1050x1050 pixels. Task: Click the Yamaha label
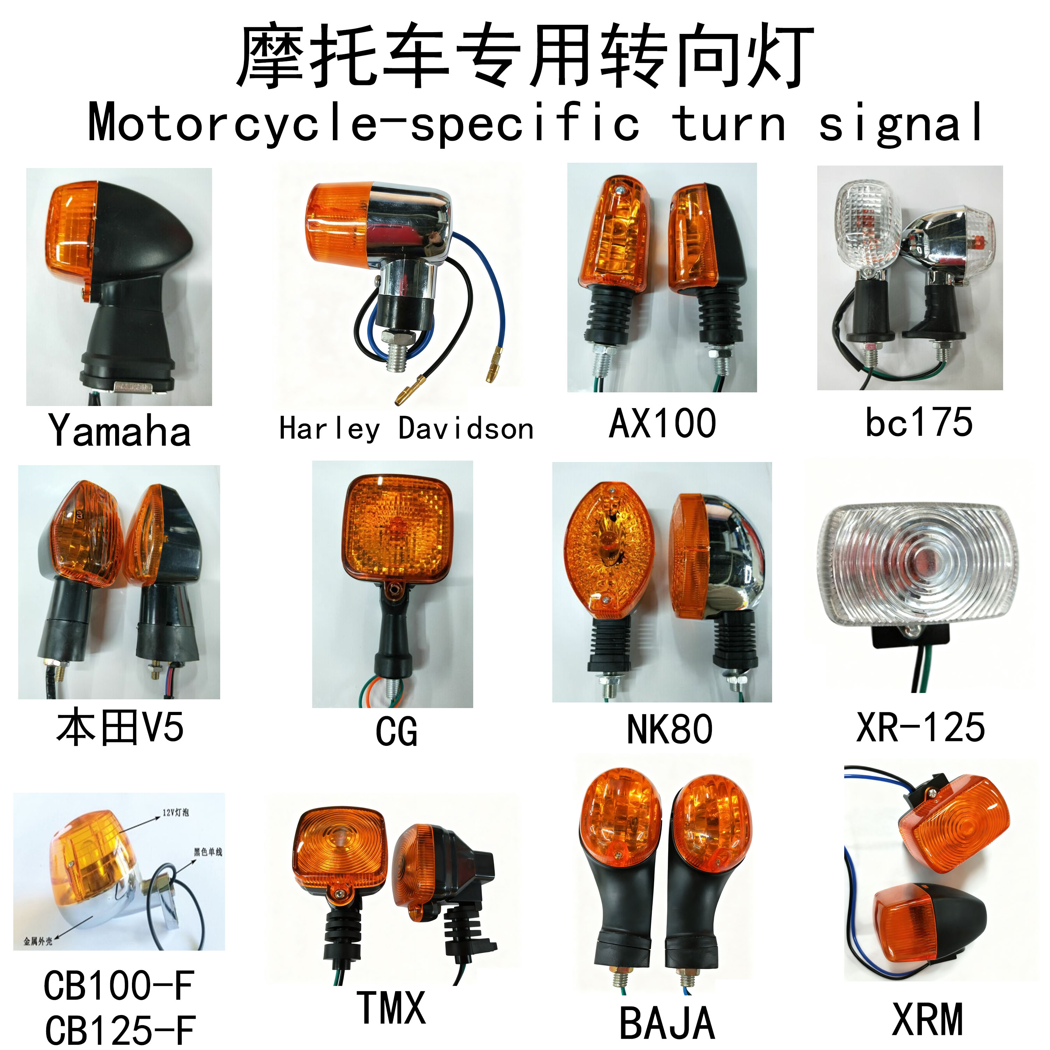tap(120, 431)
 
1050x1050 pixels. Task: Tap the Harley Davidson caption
tap(406, 429)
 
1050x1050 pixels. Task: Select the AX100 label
tap(663, 423)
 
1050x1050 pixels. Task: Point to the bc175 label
tap(919, 422)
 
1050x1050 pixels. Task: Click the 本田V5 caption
tap(120, 728)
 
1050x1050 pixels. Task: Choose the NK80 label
tap(670, 729)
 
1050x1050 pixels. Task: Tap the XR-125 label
tap(920, 727)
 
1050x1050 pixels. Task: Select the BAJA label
tap(667, 1022)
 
